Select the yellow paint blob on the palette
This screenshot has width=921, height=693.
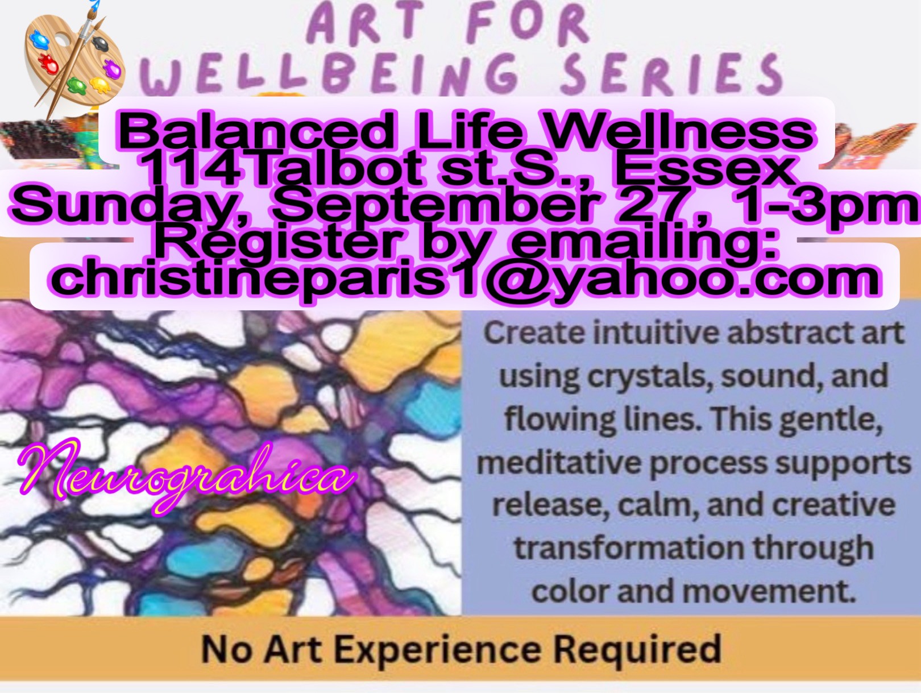(100, 85)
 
